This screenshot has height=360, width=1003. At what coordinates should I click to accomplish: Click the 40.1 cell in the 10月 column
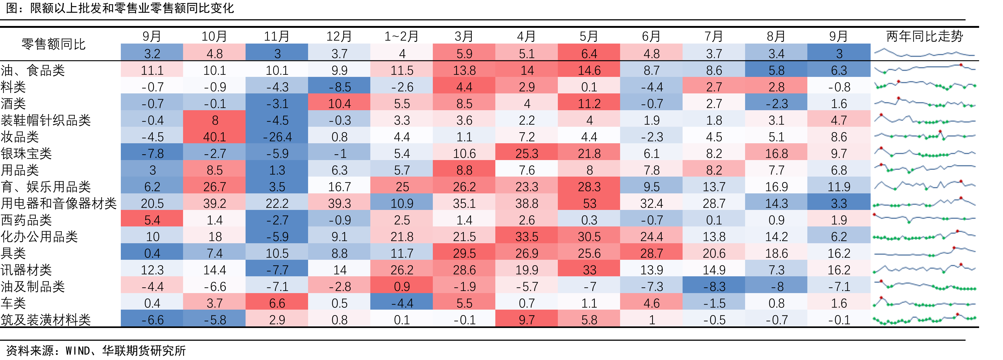215,137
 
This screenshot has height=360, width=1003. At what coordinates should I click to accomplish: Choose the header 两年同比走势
925,36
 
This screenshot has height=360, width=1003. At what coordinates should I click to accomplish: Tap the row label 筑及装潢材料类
45,320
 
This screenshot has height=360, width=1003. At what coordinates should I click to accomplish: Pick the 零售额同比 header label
54,44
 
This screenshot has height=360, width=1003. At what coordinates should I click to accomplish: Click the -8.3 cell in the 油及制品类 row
714,287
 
